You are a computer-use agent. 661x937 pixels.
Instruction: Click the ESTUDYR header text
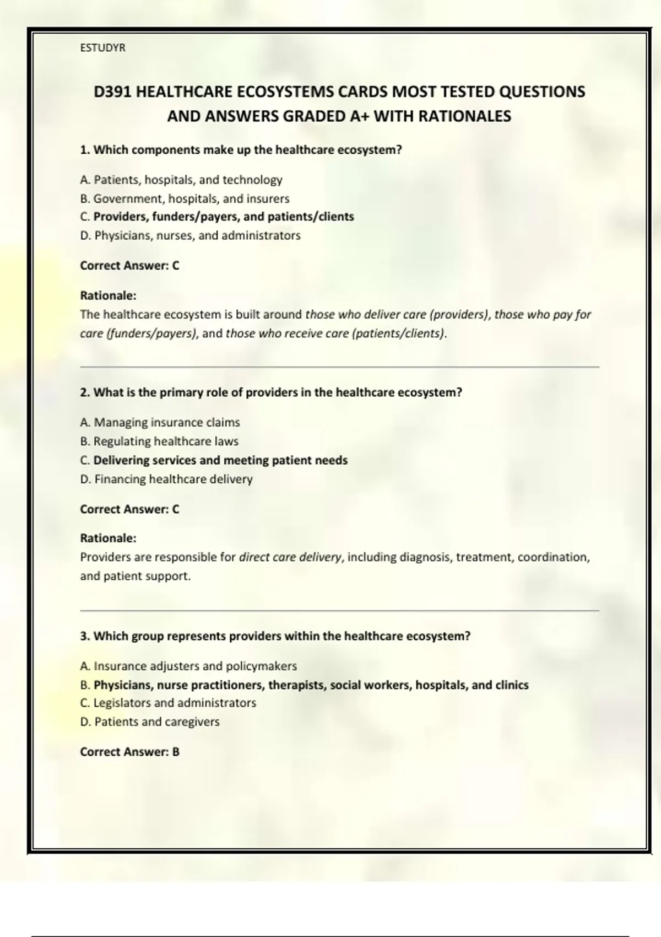[102, 48]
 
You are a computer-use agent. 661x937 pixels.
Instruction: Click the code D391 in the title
[112, 91]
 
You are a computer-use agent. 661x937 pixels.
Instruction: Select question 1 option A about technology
[181, 180]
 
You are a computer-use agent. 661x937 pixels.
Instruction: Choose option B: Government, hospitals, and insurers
[185, 198]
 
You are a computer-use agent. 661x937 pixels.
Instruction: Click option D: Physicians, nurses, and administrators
[190, 235]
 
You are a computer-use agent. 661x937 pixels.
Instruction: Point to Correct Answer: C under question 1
[129, 266]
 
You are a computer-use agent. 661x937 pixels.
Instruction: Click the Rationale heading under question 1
[108, 295]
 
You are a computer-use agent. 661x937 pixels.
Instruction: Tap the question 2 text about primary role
[270, 392]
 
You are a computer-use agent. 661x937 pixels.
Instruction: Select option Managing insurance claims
[160, 422]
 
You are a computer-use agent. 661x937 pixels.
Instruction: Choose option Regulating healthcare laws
[159, 441]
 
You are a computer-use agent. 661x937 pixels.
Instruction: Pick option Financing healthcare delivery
[166, 479]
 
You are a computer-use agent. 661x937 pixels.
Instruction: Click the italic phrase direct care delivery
[290, 557]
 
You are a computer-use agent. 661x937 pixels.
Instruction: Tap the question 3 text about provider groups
[275, 636]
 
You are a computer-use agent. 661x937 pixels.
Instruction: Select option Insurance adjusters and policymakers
[188, 666]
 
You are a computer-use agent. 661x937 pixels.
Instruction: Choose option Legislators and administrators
[168, 703]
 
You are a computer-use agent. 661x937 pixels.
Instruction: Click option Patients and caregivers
[150, 721]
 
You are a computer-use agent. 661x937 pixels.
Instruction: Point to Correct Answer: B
[129, 752]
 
